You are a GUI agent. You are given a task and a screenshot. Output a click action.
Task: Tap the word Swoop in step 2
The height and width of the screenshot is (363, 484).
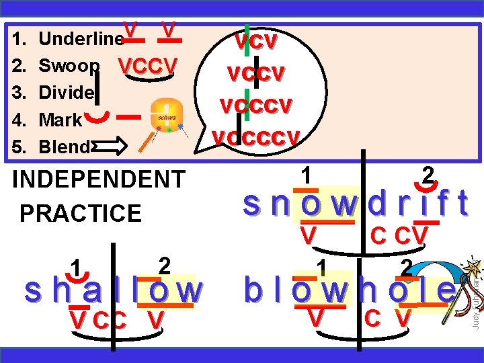tap(70, 66)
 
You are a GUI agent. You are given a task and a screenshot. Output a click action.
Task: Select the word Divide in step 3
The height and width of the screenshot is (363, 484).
tap(66, 93)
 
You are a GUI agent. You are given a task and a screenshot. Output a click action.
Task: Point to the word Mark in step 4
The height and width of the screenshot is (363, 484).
tap(61, 120)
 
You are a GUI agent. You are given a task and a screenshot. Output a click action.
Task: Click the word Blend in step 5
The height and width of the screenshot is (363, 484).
tap(64, 147)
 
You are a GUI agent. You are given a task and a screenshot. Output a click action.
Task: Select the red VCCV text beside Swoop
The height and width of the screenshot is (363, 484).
tap(147, 66)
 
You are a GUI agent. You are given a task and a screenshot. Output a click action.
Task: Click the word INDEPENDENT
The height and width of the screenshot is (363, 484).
tap(99, 179)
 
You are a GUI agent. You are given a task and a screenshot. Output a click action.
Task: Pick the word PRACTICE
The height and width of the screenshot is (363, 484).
tap(81, 213)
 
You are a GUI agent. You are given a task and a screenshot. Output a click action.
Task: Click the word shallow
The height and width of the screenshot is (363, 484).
tap(112, 291)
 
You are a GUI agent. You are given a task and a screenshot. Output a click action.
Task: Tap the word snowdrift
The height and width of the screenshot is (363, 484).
tap(356, 204)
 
